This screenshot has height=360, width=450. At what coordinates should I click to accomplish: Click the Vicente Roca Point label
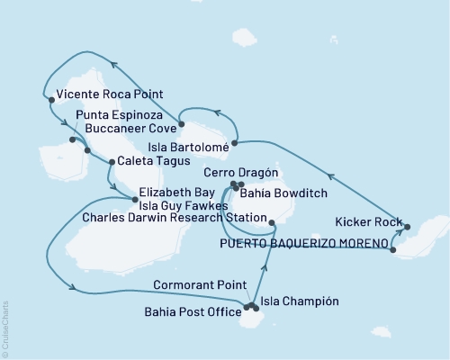click(103, 94)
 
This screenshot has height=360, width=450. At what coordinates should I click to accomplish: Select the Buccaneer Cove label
click(124, 129)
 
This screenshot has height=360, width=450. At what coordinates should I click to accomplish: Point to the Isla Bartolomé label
click(184, 143)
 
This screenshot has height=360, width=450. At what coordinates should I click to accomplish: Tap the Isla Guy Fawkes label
click(177, 205)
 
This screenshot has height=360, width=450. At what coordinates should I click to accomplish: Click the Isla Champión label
click(300, 301)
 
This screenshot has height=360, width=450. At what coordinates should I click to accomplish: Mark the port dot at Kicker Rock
click(407, 227)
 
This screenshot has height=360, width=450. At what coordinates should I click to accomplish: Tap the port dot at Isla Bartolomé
click(235, 142)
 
